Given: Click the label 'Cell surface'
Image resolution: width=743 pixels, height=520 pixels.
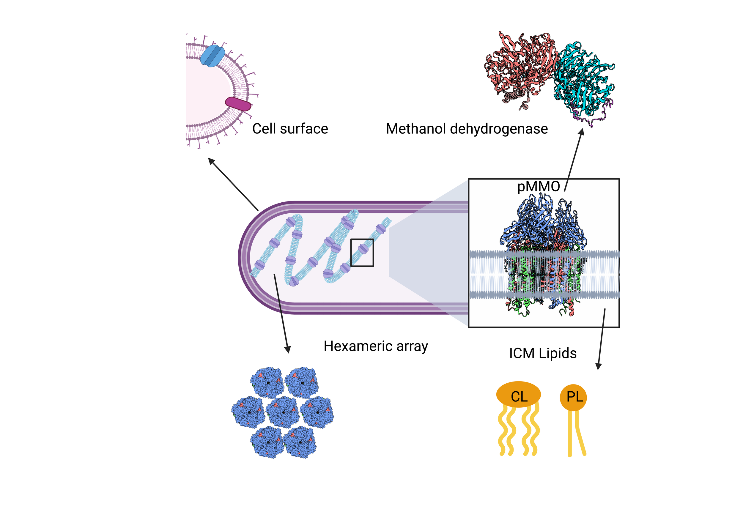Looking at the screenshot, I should click(x=290, y=129).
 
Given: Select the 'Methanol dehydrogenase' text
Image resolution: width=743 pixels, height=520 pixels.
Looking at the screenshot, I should click(x=467, y=129).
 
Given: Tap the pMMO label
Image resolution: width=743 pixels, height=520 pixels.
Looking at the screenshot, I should click(x=539, y=186).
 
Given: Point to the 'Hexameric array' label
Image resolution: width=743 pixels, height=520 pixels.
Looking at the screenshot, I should click(x=376, y=346).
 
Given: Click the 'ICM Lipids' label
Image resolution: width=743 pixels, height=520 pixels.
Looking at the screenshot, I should click(x=543, y=353).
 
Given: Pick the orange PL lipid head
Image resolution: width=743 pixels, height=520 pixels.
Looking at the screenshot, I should click(x=573, y=397).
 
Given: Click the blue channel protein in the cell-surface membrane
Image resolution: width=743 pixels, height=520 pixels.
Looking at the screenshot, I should click(x=212, y=56).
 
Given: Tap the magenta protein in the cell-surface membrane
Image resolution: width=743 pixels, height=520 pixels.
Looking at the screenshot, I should click(x=238, y=104).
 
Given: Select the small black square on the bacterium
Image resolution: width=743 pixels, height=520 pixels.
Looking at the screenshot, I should click(x=362, y=253).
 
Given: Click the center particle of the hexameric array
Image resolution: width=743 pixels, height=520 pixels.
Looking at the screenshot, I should click(x=283, y=412).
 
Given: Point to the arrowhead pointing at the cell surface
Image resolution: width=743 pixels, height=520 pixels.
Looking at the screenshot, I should click(x=211, y=161).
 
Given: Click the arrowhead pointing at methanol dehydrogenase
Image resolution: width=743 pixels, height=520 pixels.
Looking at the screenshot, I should click(x=582, y=132).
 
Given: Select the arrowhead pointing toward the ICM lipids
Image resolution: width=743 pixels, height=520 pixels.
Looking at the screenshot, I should click(x=599, y=366).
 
